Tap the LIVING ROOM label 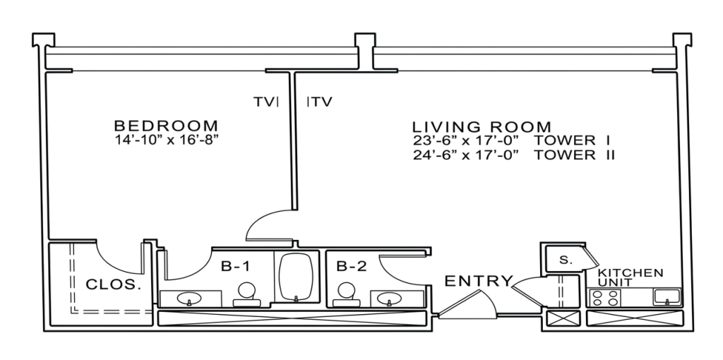coord(482,126)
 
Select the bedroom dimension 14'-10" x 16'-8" coord(167,140)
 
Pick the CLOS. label coord(114,284)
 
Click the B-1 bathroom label coord(237,266)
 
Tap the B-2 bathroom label coord(352,266)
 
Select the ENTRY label coord(478,281)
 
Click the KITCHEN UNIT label coord(631,277)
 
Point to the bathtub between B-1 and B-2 coord(297,277)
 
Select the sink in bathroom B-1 coord(189,299)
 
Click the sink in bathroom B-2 coord(390,299)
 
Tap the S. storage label coord(566,260)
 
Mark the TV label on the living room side coord(321,102)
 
